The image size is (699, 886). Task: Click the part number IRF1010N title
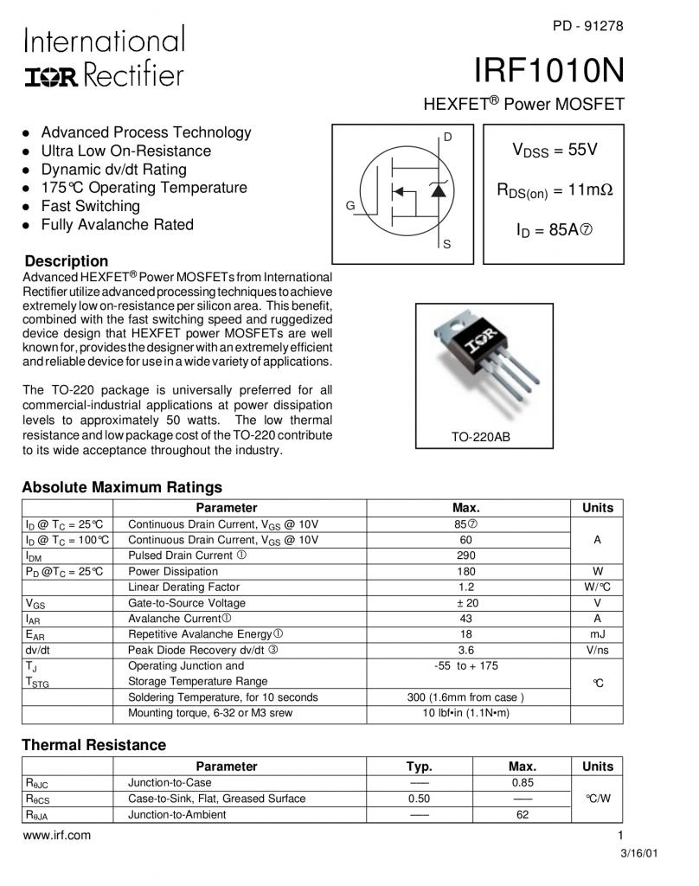point(549,69)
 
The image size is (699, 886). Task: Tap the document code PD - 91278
point(587,26)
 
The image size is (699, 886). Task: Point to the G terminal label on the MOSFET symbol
point(350,206)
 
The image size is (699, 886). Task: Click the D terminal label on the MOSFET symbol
point(447,137)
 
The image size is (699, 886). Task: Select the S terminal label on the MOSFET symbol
point(447,245)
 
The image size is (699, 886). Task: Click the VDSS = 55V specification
point(555,151)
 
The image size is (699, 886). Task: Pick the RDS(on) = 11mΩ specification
point(555,190)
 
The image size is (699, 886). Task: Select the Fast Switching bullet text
point(90,206)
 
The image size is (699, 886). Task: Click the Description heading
point(67,261)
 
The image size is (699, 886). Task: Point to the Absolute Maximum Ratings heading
point(122,487)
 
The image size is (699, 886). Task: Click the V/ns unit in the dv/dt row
point(598,651)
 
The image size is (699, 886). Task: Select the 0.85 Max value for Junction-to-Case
point(523,783)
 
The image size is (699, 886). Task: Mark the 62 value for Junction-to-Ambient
point(523,815)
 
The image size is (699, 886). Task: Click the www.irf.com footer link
point(56,836)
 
